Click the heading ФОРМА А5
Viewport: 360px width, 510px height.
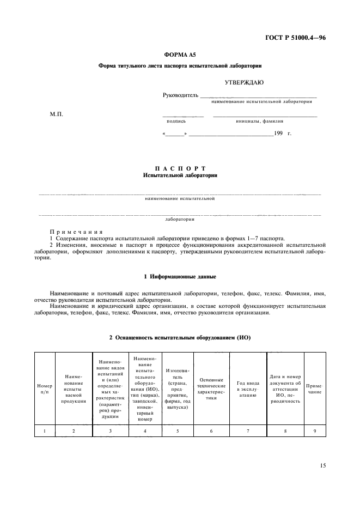click(180, 55)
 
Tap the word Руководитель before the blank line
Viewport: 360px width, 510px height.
click(181, 96)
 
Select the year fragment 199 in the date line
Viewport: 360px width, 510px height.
click(278, 133)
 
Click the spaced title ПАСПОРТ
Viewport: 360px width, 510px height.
click(180, 168)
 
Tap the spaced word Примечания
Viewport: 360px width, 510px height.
click(76, 232)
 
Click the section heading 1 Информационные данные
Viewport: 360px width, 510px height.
click(180, 276)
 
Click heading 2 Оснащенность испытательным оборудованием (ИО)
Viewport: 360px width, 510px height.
click(180, 338)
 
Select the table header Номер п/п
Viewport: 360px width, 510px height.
click(45, 388)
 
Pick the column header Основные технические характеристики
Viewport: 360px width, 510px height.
click(211, 388)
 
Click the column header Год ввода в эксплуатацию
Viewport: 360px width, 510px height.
click(248, 388)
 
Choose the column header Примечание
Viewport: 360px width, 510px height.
click(315, 388)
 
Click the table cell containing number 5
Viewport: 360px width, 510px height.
click(178, 430)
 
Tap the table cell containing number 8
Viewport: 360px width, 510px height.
click(285, 430)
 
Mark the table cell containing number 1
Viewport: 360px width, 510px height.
click(45, 430)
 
